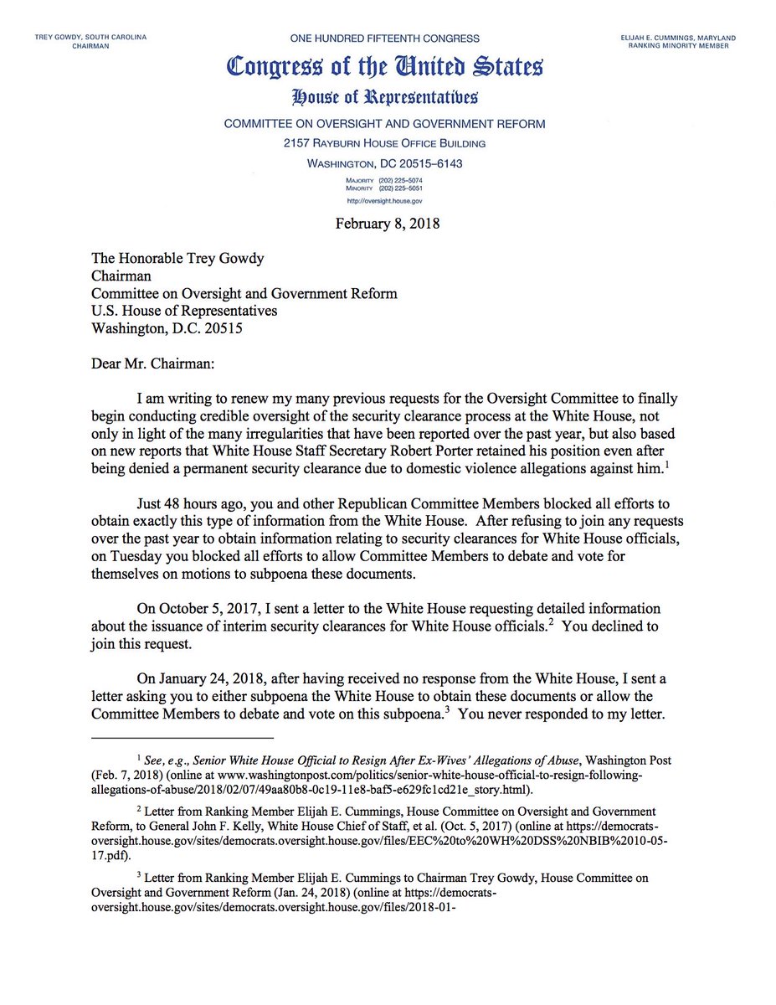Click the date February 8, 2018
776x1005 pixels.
388,224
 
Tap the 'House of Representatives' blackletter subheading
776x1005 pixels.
384,98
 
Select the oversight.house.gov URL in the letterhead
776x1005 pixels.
386,201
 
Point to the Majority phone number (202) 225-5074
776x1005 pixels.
400,181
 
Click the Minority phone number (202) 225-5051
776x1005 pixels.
400,189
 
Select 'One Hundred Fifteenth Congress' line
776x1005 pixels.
384,39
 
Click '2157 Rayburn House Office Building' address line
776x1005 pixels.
384,143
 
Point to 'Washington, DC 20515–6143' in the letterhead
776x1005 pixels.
384,164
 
